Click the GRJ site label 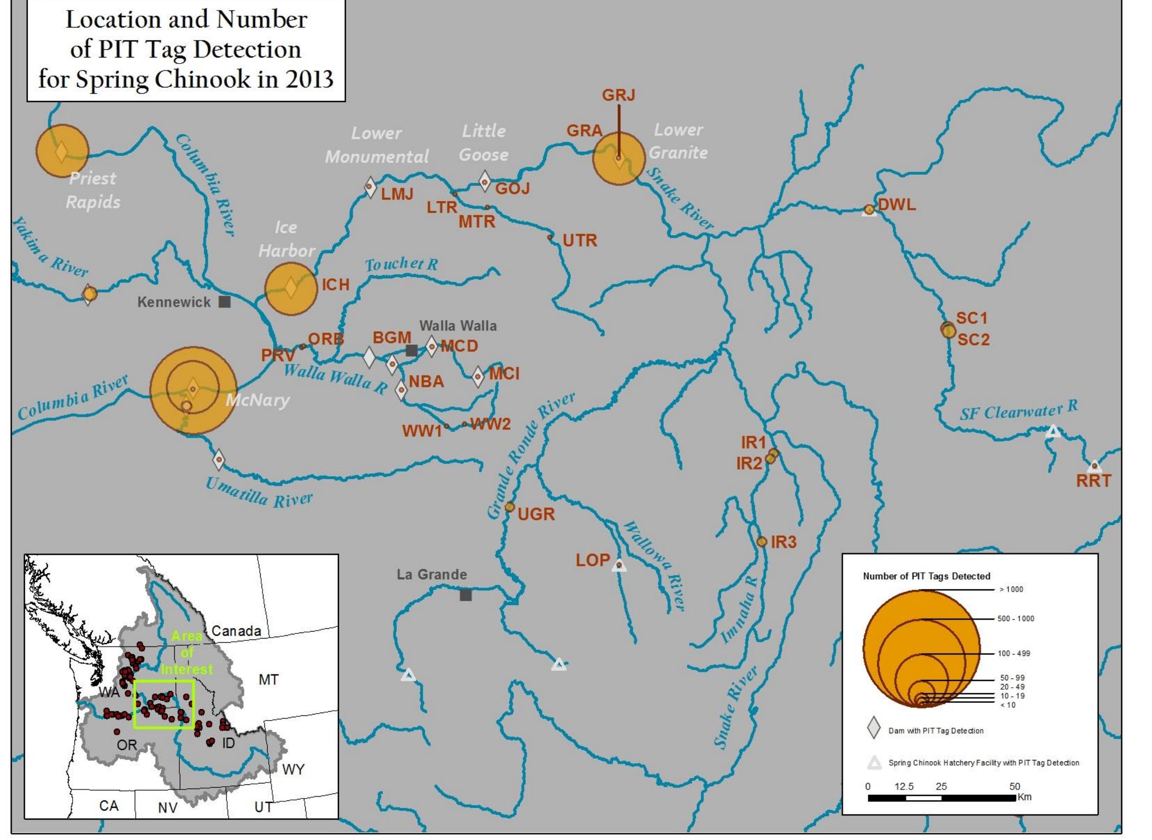[618, 95]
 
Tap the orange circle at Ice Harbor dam [291, 288]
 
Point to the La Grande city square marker [466, 594]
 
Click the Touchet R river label [401, 265]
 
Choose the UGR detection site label [536, 514]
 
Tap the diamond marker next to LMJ [371, 188]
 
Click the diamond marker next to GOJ [485, 182]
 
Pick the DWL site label [897, 204]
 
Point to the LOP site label [593, 560]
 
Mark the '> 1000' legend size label [1011, 589]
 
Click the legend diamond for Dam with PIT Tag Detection [873, 728]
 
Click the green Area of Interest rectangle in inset [164, 681]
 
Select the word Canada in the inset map [236, 631]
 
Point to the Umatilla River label [259, 492]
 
